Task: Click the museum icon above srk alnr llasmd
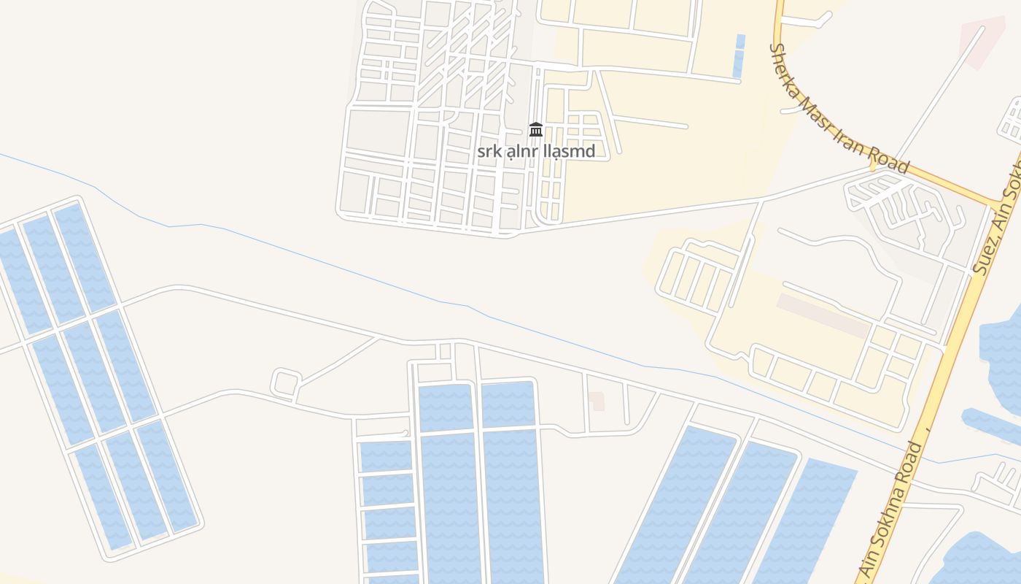tap(536, 130)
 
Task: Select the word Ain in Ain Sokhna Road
tap(865, 566)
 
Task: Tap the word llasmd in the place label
tap(569, 152)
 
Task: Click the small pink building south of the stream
tap(597, 400)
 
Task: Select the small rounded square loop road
tap(286, 383)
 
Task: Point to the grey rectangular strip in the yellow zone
tap(823, 315)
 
